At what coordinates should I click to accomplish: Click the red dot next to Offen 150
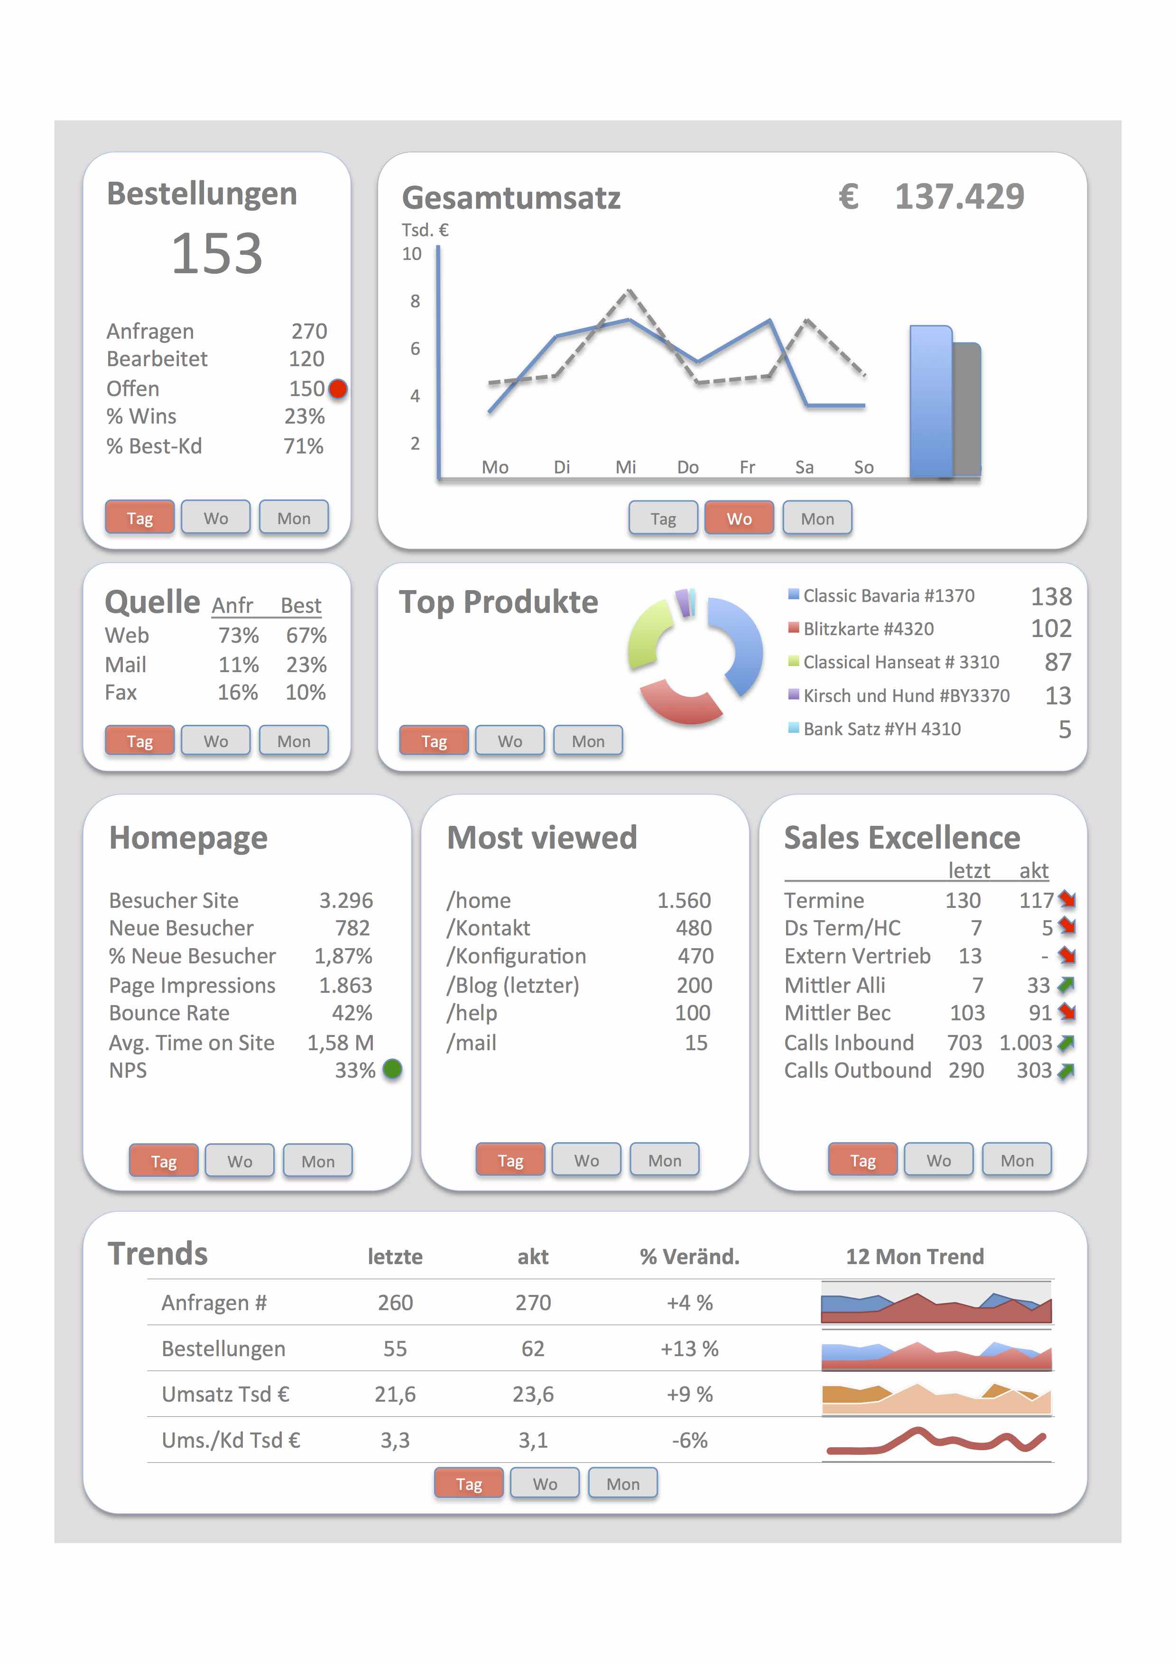click(338, 389)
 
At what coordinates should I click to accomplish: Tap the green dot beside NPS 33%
click(392, 1069)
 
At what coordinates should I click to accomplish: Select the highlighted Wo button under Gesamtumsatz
click(739, 518)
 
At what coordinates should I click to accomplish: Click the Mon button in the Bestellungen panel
click(294, 518)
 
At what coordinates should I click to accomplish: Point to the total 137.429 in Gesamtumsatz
click(959, 196)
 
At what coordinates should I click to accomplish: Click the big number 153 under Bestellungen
click(217, 254)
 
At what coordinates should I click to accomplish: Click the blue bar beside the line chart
click(930, 402)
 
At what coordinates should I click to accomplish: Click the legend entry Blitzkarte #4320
click(868, 629)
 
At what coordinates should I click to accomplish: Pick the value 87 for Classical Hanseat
click(1057, 662)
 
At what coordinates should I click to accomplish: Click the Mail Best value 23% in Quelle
click(306, 665)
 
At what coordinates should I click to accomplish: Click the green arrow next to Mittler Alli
click(1066, 985)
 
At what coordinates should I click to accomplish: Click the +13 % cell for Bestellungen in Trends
click(689, 1349)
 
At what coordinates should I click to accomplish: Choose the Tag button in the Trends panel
click(469, 1484)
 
